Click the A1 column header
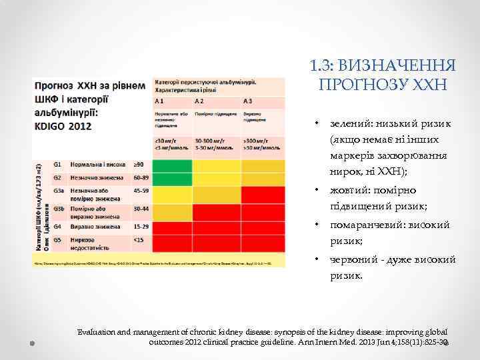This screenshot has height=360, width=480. (x=160, y=101)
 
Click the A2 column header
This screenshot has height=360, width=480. (x=199, y=101)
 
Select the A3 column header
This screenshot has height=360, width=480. (x=247, y=101)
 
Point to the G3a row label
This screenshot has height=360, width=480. (x=59, y=191)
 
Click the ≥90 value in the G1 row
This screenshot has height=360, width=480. (x=139, y=164)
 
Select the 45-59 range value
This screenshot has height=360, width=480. (x=141, y=191)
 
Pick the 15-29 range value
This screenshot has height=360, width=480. (x=141, y=227)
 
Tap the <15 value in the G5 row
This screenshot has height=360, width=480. (x=139, y=239)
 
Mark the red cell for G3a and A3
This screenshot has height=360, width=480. (x=263, y=195)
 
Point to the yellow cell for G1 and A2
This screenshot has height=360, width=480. (x=217, y=164)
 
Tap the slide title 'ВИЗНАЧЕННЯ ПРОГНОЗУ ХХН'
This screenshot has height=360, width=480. (x=383, y=75)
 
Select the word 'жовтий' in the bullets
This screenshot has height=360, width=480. (x=349, y=191)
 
